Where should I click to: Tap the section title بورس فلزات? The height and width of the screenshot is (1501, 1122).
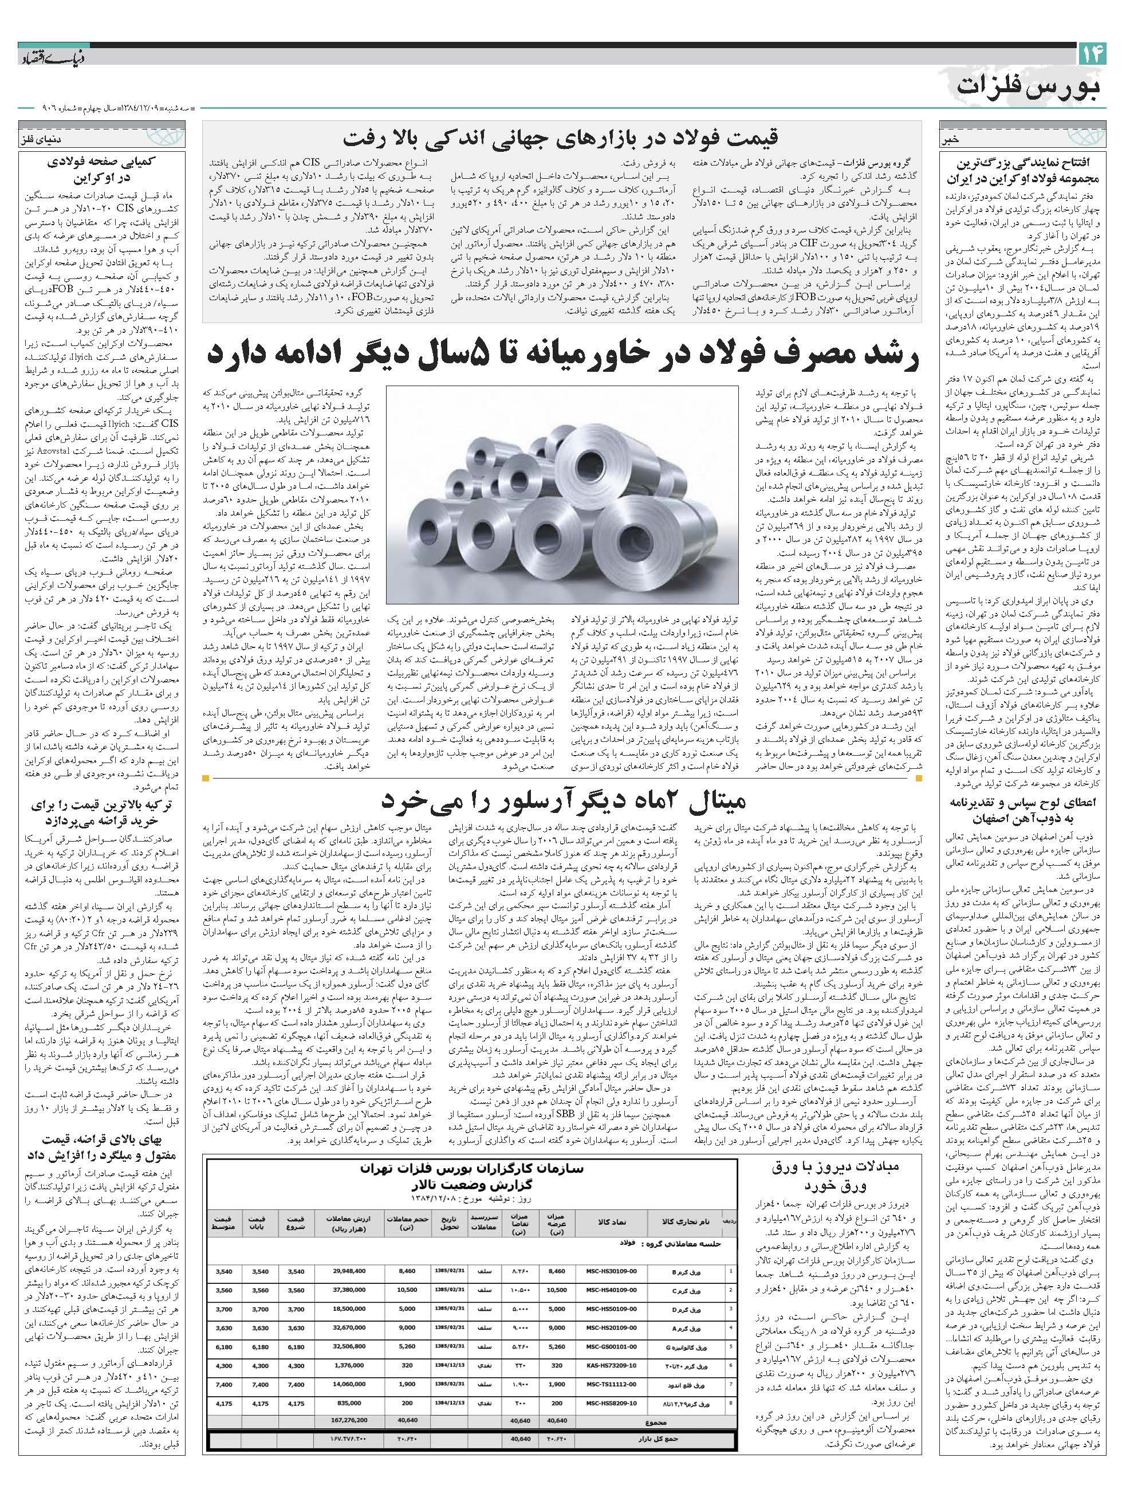1031,86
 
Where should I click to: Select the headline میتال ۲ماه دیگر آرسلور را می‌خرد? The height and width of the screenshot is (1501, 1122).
562,801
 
